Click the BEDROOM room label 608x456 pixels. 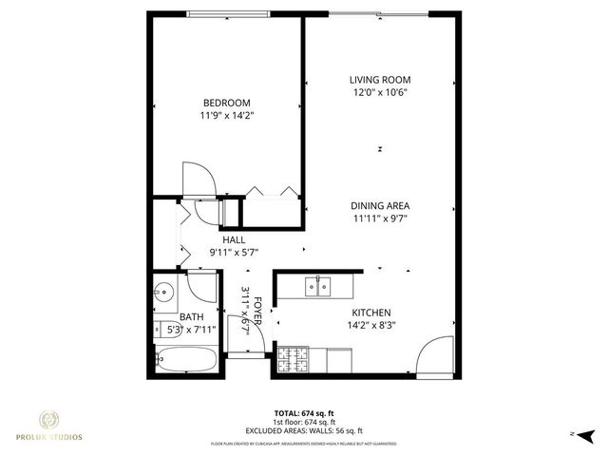click(227, 103)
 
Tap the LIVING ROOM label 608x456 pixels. click(380, 81)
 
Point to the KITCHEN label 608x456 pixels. click(371, 313)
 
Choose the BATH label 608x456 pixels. click(192, 317)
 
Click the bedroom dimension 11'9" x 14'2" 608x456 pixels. click(227, 115)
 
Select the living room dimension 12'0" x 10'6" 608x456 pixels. click(380, 93)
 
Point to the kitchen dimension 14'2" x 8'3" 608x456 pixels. click(371, 325)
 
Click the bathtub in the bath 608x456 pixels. click(187, 359)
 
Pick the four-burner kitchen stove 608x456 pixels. click(295, 359)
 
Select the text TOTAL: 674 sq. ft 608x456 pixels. click(303, 414)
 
